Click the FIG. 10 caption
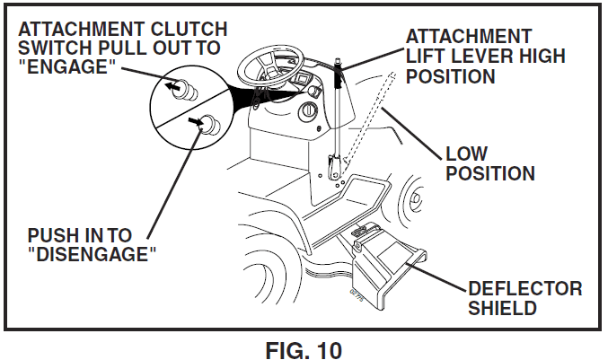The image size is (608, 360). pos(304,347)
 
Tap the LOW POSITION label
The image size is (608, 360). pos(489,163)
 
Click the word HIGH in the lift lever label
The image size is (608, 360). pos(539,57)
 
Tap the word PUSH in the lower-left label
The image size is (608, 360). pos(53,235)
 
